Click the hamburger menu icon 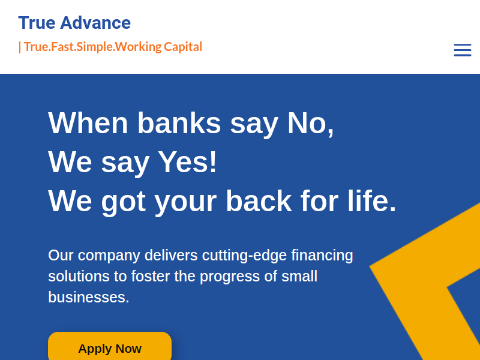coord(462,50)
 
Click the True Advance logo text coord(74,23)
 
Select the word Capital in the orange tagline coord(183,47)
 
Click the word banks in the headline coord(179,123)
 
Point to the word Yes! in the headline coord(187,162)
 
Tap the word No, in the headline coord(310,124)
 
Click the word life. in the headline coord(372,201)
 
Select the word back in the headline coord(259,201)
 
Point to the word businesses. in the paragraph coord(89,297)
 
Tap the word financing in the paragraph coord(322,256)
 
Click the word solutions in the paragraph coord(79,277)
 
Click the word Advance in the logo coord(95,23)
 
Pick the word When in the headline coord(88,123)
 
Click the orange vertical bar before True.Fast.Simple coord(20,47)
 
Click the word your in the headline coord(185,203)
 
